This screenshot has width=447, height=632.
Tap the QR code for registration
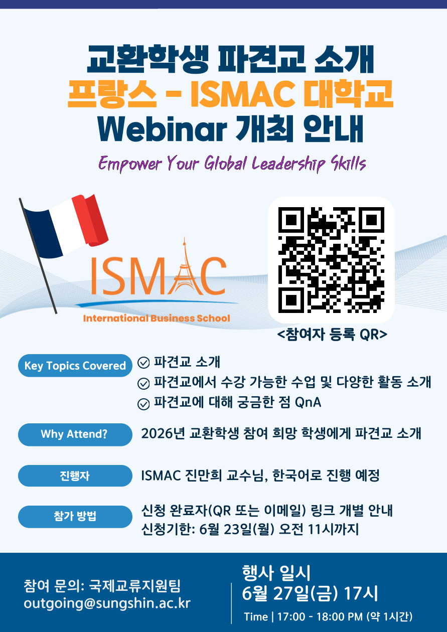pos(331,260)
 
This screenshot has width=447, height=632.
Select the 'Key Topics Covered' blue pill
pos(75,365)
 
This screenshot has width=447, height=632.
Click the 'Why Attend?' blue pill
pos(75,434)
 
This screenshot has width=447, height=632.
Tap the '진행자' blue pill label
pos(75,476)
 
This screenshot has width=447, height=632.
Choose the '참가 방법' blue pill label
pos(75,517)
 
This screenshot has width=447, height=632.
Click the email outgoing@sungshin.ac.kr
pos(107,603)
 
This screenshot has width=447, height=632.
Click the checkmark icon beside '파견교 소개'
pos(143,363)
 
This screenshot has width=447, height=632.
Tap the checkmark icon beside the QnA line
pos(143,404)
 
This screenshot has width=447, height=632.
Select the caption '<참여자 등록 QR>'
pos(332,335)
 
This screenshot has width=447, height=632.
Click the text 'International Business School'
pos(157,318)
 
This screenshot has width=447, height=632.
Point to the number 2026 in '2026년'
pos(157,434)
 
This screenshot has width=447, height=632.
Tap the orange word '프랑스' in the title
pos(112,94)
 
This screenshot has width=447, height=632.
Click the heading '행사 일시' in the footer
pos(276,573)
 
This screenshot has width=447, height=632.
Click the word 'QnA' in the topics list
pos(308,402)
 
